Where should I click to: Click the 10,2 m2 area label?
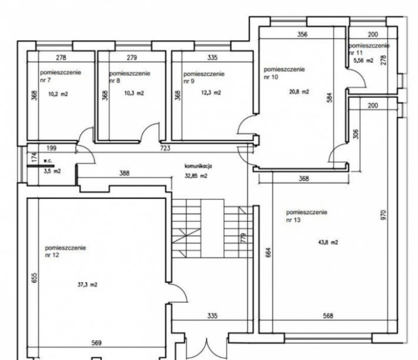[58, 94]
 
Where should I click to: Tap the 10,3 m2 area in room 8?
[134, 93]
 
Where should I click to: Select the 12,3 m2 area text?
[211, 93]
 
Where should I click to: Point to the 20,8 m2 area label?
[299, 92]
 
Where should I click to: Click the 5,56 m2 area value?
[363, 61]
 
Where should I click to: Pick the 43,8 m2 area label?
[328, 242]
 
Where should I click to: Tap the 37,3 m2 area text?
[88, 285]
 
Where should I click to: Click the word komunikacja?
[198, 166]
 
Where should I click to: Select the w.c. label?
[48, 161]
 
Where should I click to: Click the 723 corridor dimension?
[165, 148]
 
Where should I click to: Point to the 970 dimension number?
[383, 215]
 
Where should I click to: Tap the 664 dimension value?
[268, 252]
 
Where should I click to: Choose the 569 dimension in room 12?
[97, 343]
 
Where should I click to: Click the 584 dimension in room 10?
[330, 98]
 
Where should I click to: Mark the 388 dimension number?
[124, 174]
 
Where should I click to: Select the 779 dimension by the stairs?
[243, 238]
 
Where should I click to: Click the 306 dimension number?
[356, 134]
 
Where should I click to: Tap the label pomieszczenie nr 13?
[307, 216]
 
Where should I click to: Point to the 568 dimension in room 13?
[328, 316]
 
